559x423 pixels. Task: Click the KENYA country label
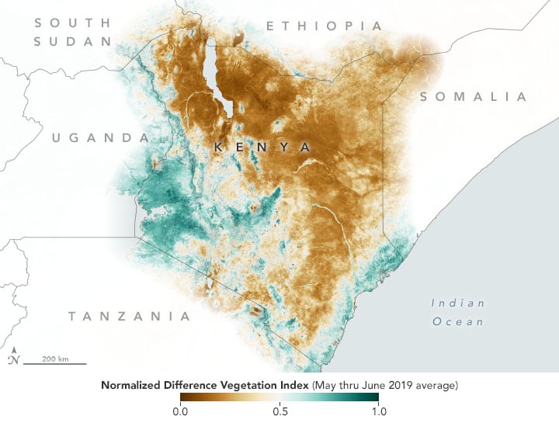[262, 147]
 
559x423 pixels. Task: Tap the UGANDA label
[100, 138]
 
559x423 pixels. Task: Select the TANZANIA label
[129, 316]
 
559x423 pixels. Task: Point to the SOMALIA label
[473, 97]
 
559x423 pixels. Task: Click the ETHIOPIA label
[325, 26]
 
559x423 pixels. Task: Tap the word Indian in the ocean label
[458, 303]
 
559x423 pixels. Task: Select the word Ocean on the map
[458, 321]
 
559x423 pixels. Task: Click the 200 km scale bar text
[54, 359]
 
